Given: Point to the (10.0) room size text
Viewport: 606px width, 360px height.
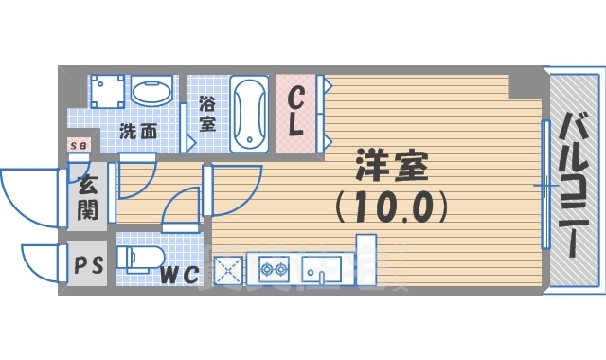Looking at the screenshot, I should click(390, 204).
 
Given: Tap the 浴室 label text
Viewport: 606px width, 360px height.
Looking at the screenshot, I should click(206, 113).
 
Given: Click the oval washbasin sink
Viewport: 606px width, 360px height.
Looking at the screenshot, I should click(151, 93).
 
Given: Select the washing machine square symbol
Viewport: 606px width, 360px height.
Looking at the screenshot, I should click(107, 93).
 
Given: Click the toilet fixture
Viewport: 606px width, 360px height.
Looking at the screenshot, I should click(138, 258).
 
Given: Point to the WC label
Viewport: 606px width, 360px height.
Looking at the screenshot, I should click(180, 275).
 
